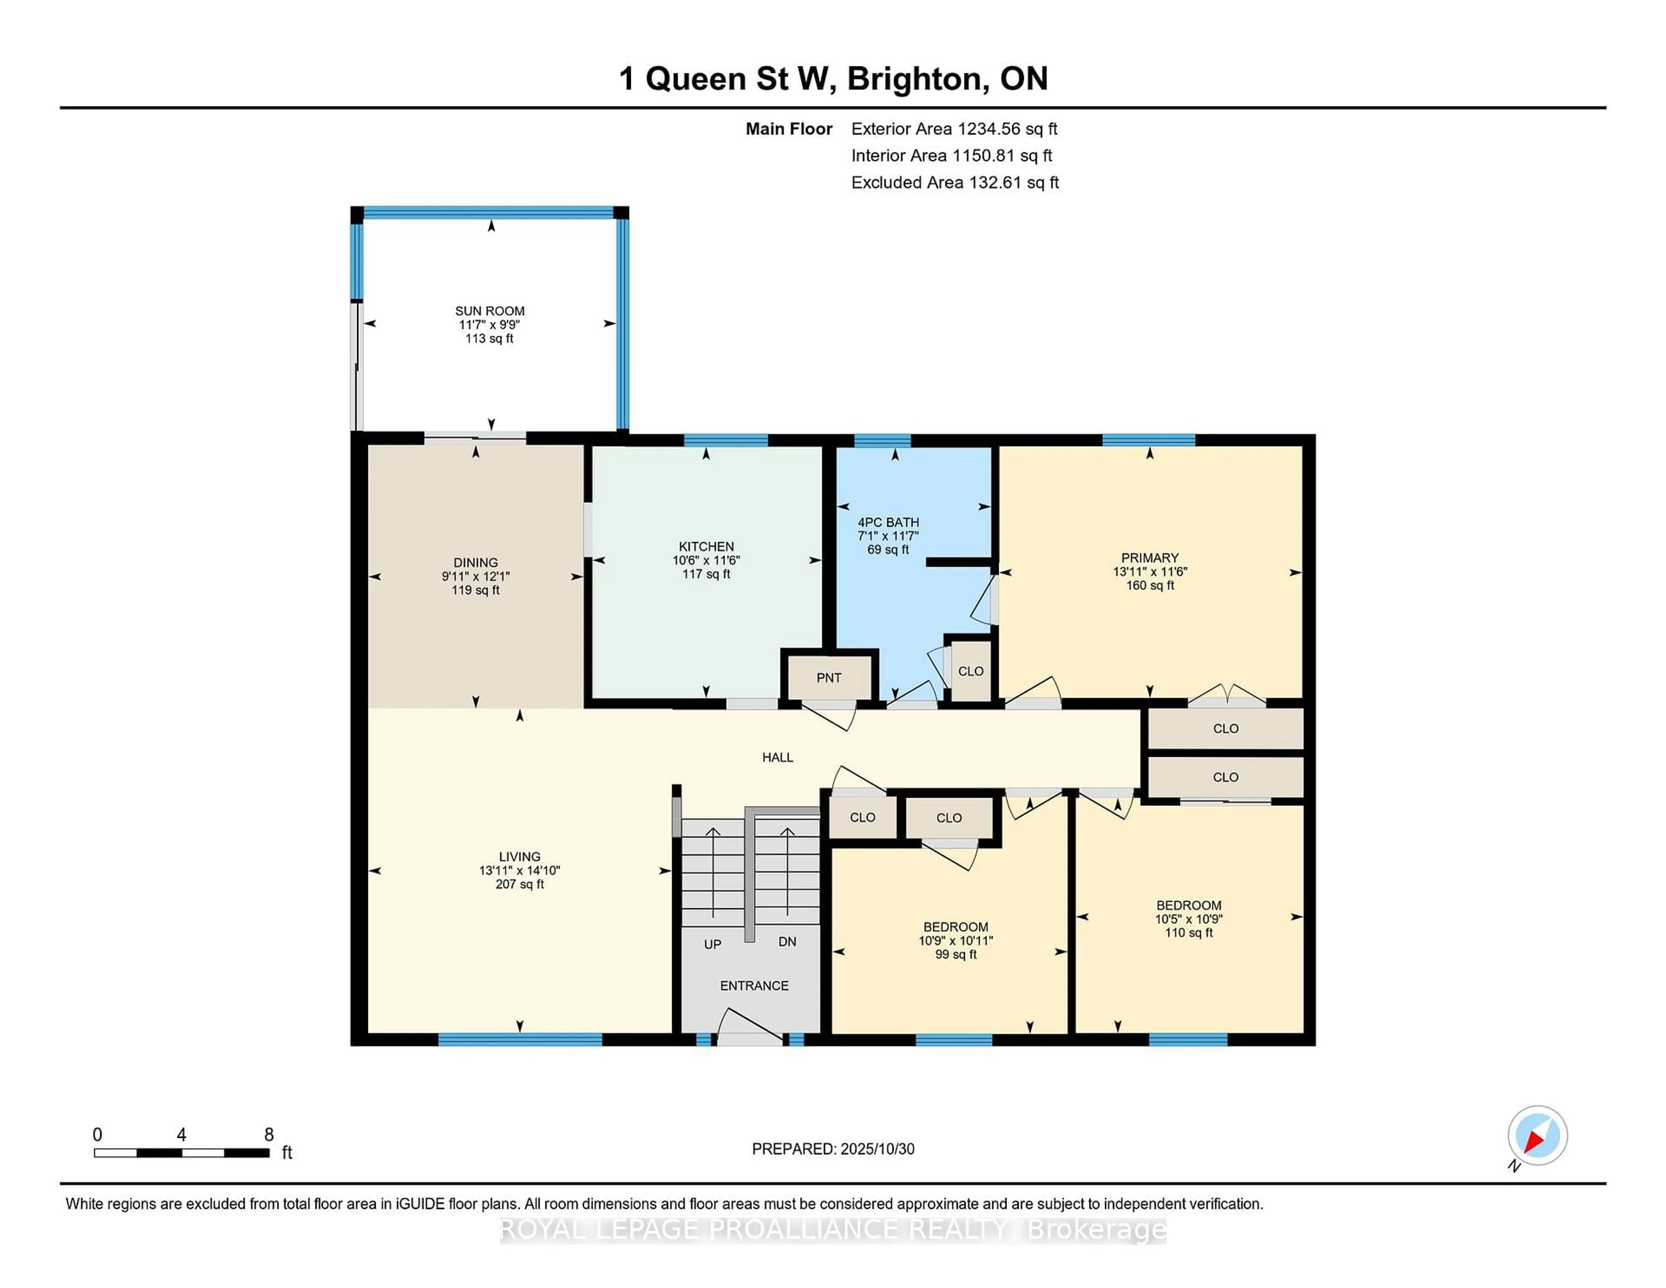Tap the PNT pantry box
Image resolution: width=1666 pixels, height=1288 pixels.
(x=828, y=677)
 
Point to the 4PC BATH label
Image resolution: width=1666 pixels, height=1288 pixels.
(x=888, y=522)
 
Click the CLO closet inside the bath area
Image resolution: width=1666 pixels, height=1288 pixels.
(x=970, y=671)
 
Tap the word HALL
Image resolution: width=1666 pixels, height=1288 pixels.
(x=777, y=757)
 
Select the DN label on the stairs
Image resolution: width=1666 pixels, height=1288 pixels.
(x=787, y=942)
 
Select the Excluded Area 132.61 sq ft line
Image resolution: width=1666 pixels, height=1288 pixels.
(x=954, y=182)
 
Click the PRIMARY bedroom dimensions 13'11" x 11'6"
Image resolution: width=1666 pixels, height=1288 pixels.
(x=1150, y=572)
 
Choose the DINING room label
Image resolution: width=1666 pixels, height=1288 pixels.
(x=475, y=562)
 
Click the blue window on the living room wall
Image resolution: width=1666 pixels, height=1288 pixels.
(x=519, y=1038)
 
